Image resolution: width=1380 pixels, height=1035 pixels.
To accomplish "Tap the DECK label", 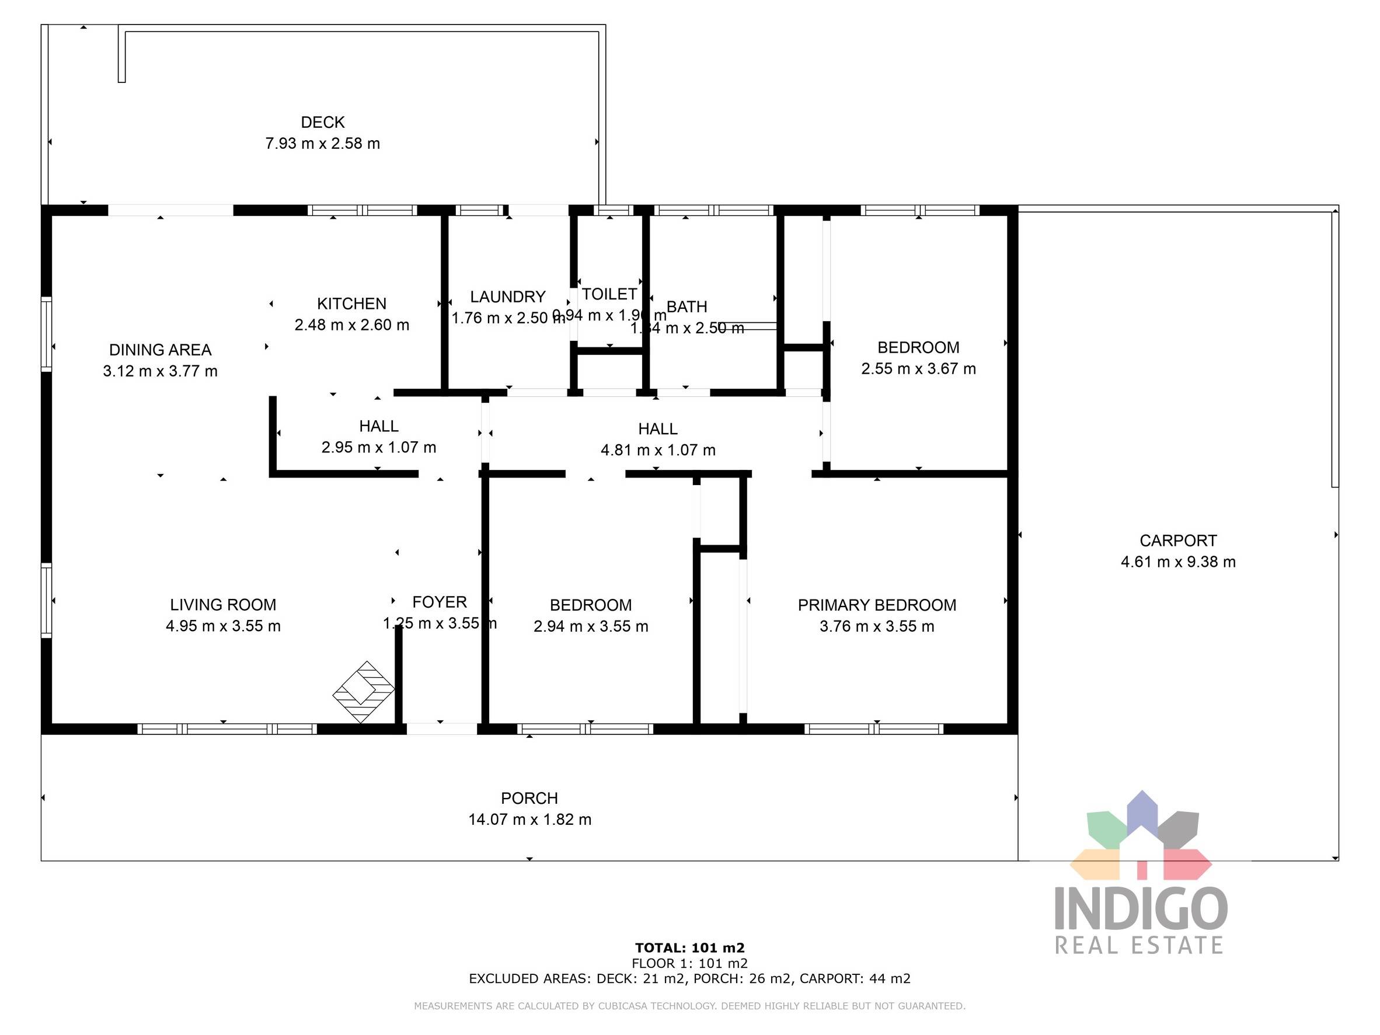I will [323, 122].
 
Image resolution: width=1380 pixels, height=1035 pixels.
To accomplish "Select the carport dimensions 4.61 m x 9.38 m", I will [1178, 562].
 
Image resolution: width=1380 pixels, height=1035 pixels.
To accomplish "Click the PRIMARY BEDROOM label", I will [877, 605].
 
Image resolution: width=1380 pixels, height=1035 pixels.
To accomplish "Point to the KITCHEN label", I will [351, 304].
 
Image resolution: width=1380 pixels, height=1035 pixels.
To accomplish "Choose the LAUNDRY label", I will [507, 297].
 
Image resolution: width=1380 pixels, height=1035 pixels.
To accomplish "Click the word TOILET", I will [609, 294].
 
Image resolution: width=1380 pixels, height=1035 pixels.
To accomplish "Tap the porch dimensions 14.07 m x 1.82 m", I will [529, 819].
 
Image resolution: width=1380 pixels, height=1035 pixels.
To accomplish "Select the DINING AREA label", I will [161, 350].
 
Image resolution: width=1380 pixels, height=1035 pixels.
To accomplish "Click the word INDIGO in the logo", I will [1141, 909].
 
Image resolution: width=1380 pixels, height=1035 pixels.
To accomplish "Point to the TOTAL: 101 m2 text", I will [689, 947].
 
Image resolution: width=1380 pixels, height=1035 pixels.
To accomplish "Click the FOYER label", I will [439, 602].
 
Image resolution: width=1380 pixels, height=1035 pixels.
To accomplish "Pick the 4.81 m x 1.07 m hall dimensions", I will [657, 450].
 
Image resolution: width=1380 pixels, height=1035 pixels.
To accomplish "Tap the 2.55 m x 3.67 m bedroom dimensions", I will [918, 369].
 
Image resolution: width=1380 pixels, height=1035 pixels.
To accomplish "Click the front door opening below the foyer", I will [442, 728].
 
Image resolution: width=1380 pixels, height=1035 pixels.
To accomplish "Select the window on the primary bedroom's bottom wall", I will [873, 729].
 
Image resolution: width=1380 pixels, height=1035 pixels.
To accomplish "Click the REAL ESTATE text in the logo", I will [1138, 945].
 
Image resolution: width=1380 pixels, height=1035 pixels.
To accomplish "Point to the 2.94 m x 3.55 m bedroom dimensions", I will [591, 626].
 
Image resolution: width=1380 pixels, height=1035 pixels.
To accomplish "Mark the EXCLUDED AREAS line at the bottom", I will [689, 978].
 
